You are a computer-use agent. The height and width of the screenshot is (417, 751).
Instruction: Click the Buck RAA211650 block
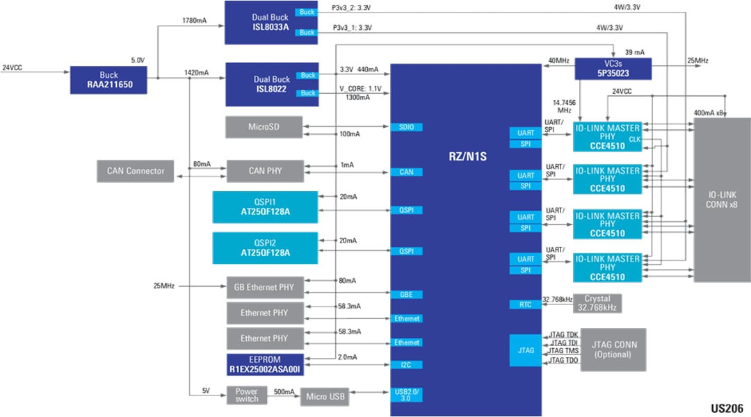point(109,81)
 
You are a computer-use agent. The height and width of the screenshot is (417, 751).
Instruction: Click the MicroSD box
point(264,127)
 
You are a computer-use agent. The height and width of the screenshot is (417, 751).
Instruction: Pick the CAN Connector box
point(136,171)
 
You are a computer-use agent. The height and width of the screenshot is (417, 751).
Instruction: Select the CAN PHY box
point(264,171)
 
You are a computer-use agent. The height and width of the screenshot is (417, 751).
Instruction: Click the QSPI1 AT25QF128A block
point(265,207)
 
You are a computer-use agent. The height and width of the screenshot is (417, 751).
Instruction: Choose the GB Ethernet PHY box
point(264,286)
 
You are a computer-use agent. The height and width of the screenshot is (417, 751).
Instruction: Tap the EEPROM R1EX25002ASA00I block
point(265,365)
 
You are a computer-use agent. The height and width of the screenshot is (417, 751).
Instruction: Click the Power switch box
point(246,395)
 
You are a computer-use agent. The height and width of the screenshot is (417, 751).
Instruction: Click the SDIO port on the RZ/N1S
point(406,127)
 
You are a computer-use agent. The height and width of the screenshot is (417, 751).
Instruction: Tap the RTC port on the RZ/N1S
point(526,304)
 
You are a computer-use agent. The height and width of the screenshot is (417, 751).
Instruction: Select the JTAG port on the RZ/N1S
point(526,350)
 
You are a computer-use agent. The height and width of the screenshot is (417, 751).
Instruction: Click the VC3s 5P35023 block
point(613,68)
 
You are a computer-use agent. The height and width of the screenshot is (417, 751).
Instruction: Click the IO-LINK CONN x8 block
point(722,199)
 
